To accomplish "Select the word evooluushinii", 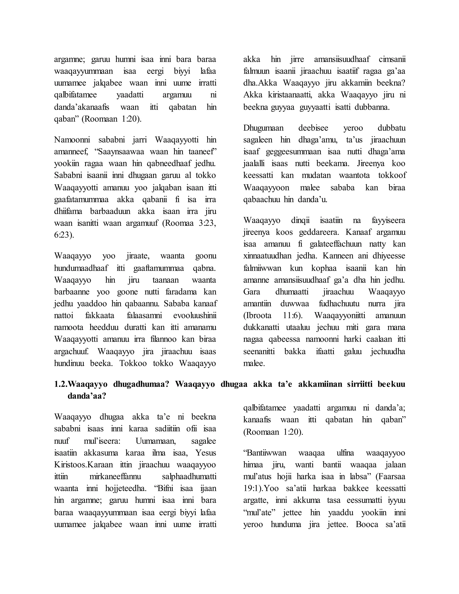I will [195, 316].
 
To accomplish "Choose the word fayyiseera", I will [388, 220].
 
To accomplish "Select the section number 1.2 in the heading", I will [60, 384].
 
